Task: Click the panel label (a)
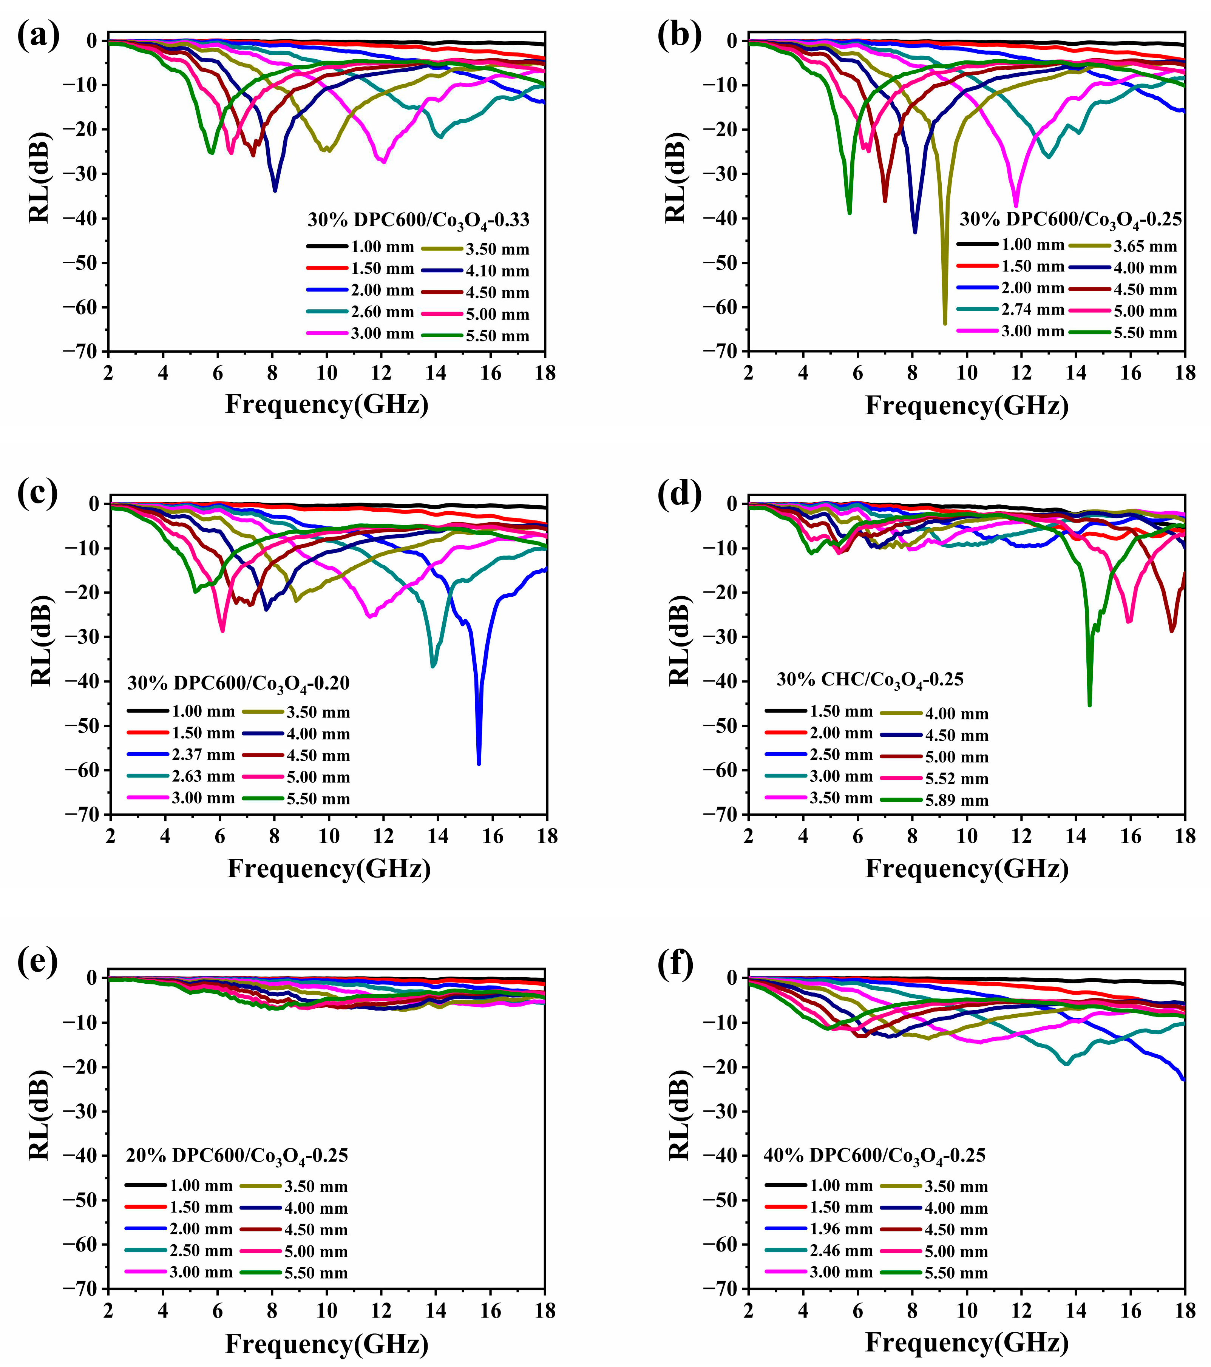coord(38,36)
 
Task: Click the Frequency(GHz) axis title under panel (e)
coord(326,1343)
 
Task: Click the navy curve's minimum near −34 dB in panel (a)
coord(274,191)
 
